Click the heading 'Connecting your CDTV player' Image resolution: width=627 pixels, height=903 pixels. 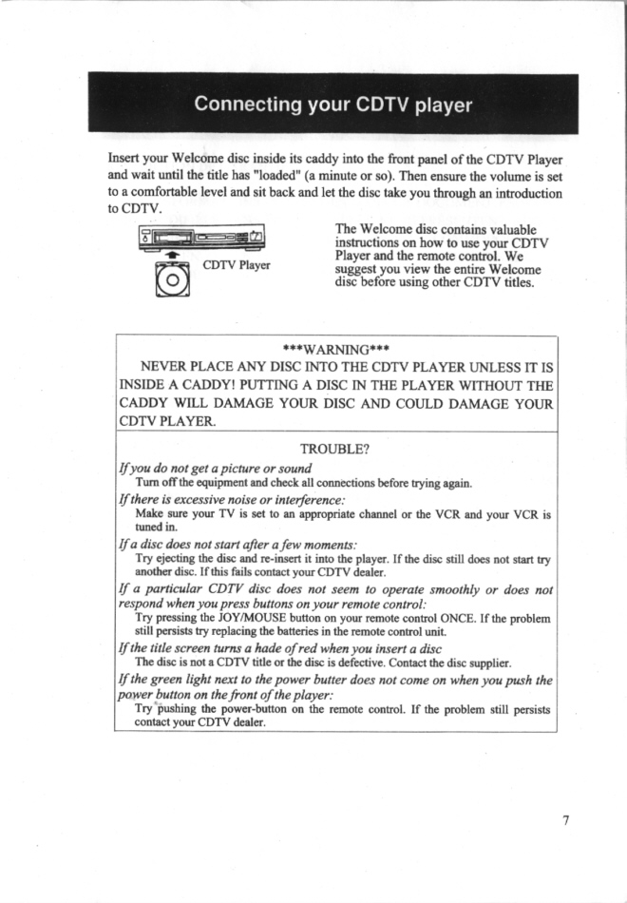[x=332, y=105]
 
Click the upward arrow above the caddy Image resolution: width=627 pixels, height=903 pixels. [x=173, y=256]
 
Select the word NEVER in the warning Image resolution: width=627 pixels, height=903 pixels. [x=164, y=366]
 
